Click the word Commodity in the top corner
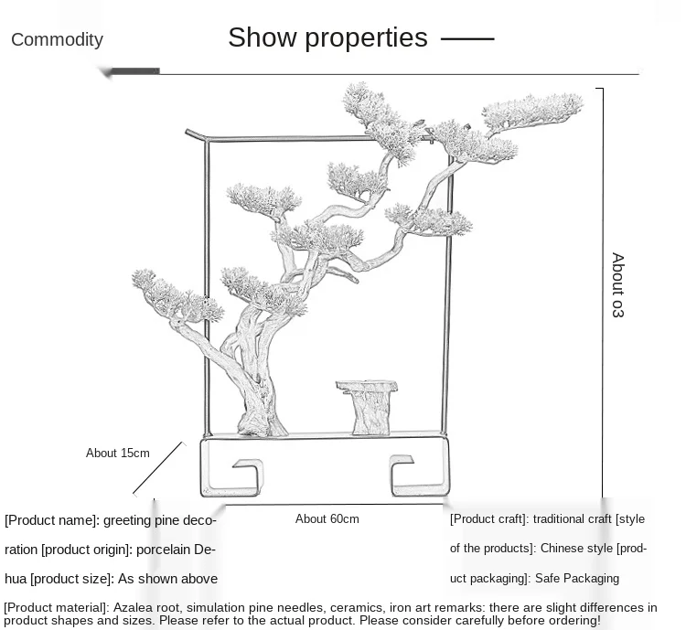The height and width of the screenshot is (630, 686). tap(57, 39)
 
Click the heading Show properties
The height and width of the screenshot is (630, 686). tap(327, 37)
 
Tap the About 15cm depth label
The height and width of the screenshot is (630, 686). tap(117, 453)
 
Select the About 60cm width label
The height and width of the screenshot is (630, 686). tap(327, 518)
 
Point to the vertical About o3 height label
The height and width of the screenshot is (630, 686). tap(617, 284)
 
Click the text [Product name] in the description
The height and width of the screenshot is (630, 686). tap(51, 520)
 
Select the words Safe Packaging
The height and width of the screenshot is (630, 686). tap(578, 578)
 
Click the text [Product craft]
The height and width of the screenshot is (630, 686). tap(488, 518)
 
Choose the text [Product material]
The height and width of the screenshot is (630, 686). tap(56, 607)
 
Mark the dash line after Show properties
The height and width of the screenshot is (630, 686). tap(467, 38)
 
